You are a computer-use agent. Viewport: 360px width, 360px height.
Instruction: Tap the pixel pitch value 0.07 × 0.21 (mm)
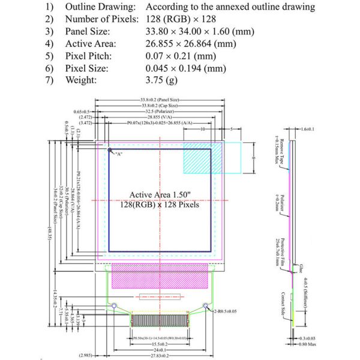tap(174, 56)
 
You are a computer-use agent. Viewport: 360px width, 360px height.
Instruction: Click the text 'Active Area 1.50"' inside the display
tap(160, 196)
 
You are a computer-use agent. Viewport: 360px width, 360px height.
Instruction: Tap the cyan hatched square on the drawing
tap(197, 157)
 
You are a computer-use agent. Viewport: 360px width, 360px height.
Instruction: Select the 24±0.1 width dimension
tap(159, 350)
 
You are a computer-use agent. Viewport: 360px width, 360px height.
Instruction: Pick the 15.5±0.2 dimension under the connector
tap(159, 344)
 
